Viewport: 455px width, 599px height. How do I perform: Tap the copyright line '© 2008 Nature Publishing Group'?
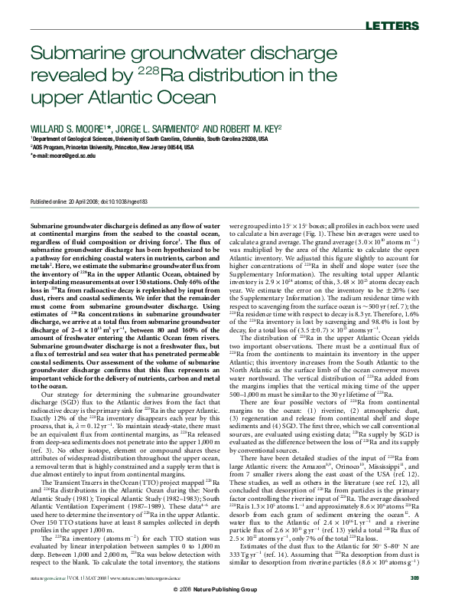pos(227,589)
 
